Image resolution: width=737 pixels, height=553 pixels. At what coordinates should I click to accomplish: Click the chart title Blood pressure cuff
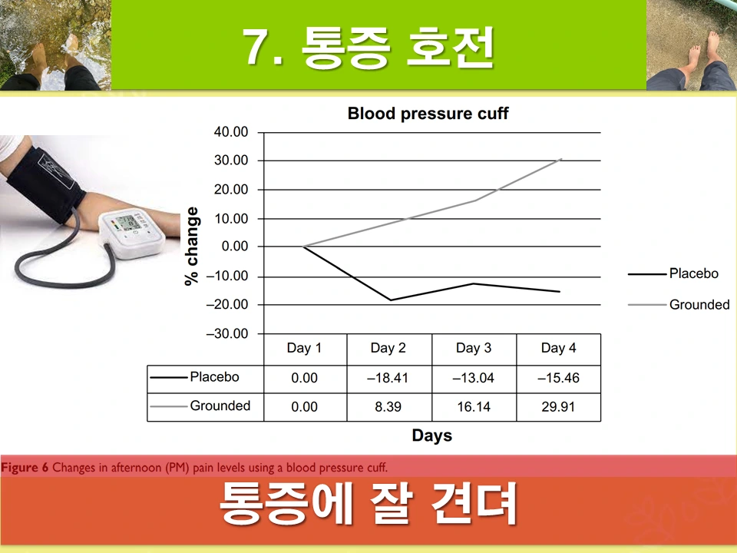pos(428,114)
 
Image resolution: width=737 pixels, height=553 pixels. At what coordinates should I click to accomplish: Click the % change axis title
pos(192,247)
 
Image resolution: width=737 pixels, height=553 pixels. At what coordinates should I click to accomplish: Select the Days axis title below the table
pos(431,436)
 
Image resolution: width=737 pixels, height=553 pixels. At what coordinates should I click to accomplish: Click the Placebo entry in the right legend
pos(693,273)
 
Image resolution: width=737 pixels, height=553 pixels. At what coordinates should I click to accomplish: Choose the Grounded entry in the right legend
pos(699,305)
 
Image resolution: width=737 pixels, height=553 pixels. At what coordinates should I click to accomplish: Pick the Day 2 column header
pos(388,349)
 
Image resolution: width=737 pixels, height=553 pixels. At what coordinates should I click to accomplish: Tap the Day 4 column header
pos(558,349)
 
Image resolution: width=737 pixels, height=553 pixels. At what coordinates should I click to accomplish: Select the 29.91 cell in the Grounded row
pos(558,407)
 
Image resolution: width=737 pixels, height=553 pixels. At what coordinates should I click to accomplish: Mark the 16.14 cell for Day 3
pos(474,407)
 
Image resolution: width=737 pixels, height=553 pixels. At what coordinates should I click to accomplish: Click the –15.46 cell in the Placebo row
pos(558,378)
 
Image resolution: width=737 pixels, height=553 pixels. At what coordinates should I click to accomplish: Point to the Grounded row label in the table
pos(220,406)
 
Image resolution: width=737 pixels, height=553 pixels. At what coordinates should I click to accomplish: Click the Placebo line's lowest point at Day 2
pos(390,300)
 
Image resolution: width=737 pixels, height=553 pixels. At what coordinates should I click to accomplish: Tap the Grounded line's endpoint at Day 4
pos(561,159)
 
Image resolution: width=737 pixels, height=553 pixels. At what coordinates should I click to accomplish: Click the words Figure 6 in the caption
pos(25,468)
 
